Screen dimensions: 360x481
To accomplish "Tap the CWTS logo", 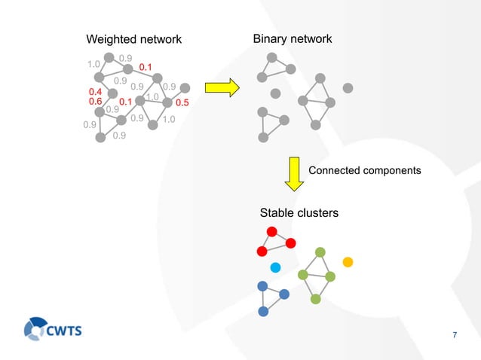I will pos(53,329).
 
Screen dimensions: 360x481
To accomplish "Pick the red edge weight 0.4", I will pos(95,92).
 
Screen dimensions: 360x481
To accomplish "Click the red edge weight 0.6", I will pos(95,102).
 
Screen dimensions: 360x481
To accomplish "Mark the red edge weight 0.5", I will pos(182,102).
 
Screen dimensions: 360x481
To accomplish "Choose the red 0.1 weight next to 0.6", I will pos(126,102).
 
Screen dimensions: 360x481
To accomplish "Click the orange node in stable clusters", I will pos(348,262).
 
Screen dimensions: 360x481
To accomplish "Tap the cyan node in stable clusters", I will pos(275,267).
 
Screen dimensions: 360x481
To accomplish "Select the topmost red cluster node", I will pos(271,231).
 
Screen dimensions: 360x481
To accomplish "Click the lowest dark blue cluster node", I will pos(263,311).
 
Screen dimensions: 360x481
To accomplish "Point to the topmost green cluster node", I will pos(320,252).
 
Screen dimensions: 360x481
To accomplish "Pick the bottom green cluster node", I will pos(315,299).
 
